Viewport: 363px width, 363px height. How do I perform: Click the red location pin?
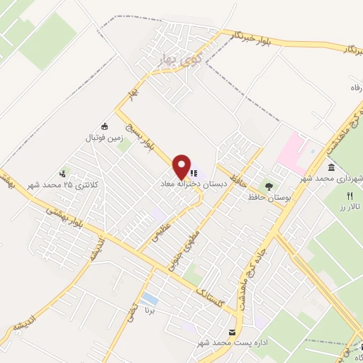coord(182,166)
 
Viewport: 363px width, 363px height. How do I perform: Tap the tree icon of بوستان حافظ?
coord(269,186)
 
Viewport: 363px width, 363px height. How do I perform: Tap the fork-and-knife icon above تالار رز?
coord(349,195)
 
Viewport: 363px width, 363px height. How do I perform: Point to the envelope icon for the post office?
coord(232,332)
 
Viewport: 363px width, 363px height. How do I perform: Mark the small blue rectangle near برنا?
coord(150,298)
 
